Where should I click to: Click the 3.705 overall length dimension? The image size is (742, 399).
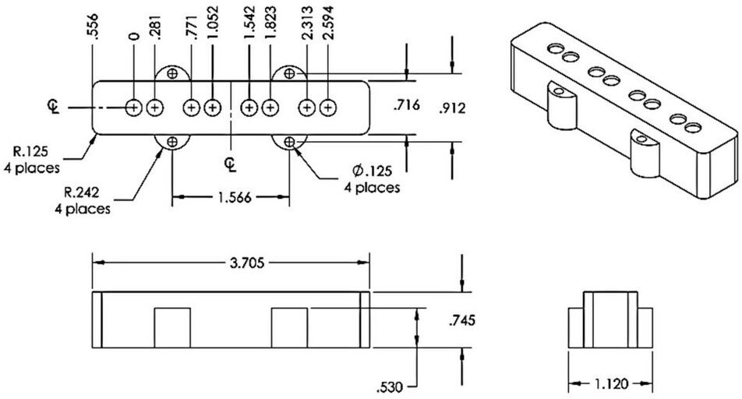[246, 263]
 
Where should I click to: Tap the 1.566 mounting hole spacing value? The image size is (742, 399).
[235, 197]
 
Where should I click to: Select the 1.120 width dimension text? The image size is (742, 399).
[611, 384]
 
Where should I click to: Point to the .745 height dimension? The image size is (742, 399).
[462, 320]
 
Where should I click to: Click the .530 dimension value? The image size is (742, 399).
[390, 387]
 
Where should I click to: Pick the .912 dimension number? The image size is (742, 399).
[452, 108]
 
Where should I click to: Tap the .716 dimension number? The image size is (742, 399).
[407, 104]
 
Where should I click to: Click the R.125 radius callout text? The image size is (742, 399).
[30, 152]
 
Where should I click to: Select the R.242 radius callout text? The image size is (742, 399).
[81, 192]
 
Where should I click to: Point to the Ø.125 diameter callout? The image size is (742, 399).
[373, 170]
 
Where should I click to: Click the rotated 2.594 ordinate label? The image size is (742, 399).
[327, 23]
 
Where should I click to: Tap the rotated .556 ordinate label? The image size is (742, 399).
[93, 27]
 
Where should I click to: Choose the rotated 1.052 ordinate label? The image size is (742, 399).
[213, 23]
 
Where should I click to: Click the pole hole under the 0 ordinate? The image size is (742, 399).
[134, 108]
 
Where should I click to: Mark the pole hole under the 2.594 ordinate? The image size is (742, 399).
[327, 108]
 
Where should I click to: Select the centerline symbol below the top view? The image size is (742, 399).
[231, 164]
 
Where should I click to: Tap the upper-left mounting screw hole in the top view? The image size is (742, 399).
[172, 73]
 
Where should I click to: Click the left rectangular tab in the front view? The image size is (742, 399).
[172, 328]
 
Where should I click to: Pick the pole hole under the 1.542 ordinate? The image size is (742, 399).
[249, 108]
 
